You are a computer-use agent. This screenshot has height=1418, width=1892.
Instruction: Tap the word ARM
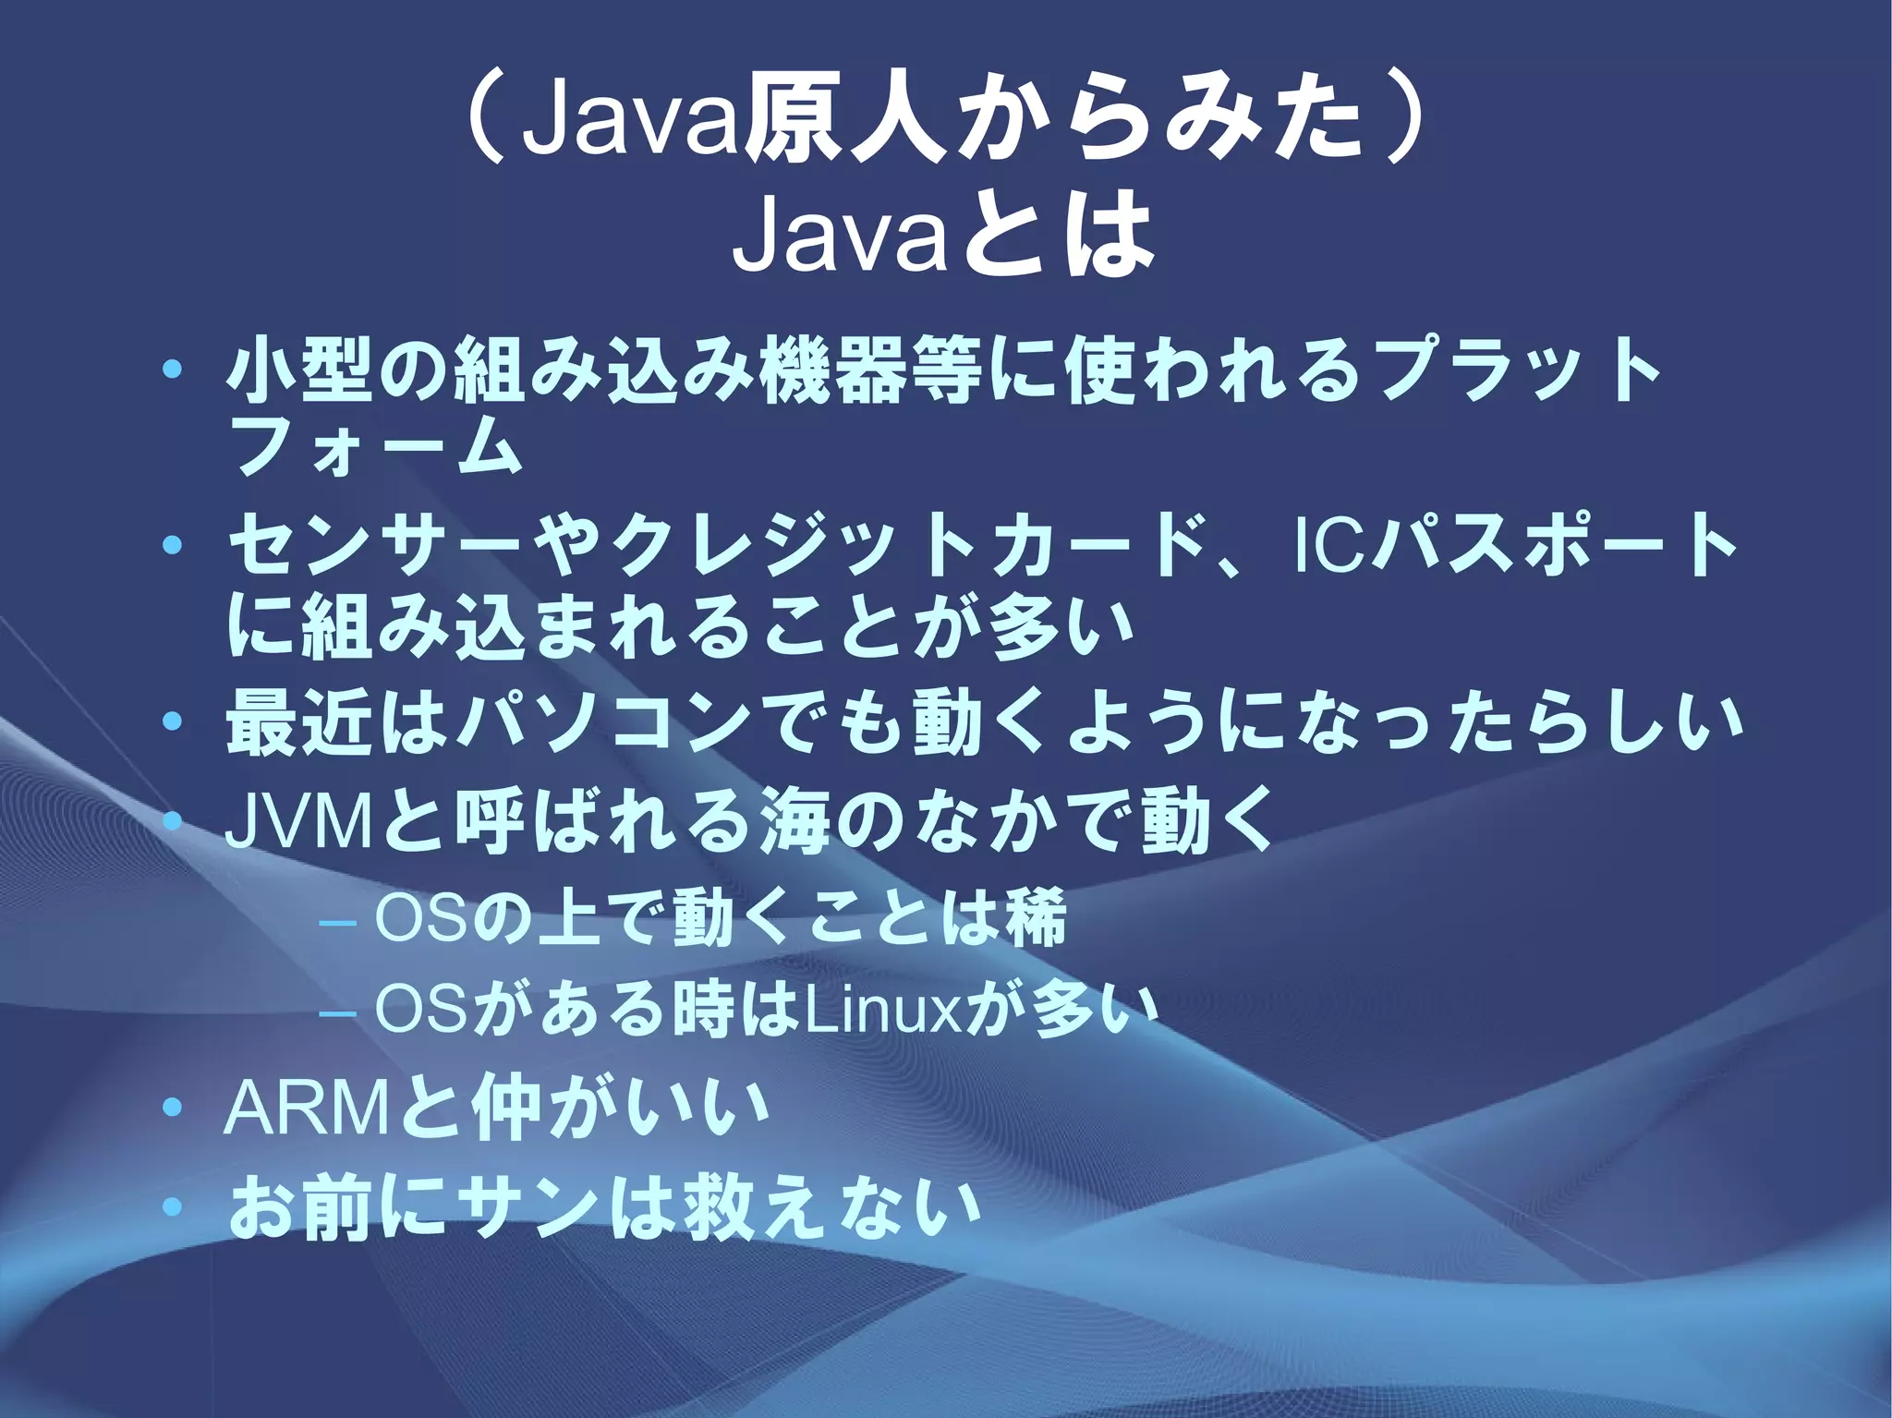click(x=306, y=1111)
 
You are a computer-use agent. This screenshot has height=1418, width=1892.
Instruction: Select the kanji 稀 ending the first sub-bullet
click(x=1037, y=918)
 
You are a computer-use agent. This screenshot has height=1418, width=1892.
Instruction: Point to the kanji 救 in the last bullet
click(x=718, y=1211)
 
